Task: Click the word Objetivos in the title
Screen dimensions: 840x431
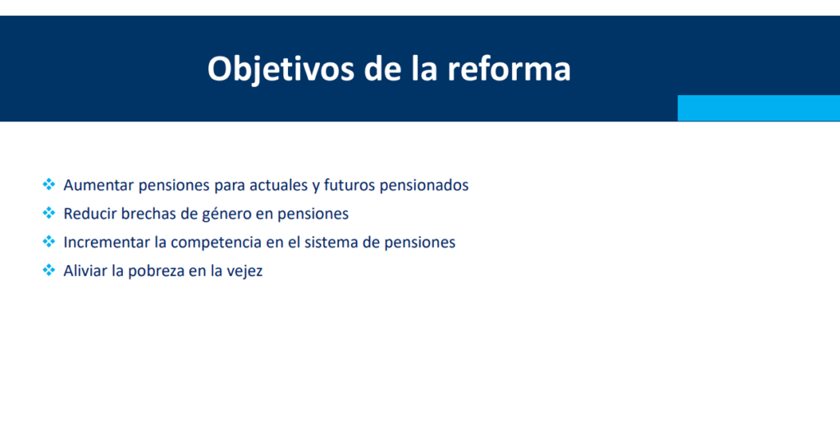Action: point(281,70)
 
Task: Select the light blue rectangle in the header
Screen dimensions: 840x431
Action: point(759,108)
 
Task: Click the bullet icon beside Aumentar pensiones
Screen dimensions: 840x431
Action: point(48,185)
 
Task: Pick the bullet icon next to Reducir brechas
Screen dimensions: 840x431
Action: point(48,213)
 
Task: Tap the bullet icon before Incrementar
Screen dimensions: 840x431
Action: point(48,241)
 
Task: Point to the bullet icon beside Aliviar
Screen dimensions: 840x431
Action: point(48,270)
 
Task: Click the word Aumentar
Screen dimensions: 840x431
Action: point(98,186)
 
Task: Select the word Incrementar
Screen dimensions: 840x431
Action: point(106,242)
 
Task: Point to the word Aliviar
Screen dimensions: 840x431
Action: point(85,271)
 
